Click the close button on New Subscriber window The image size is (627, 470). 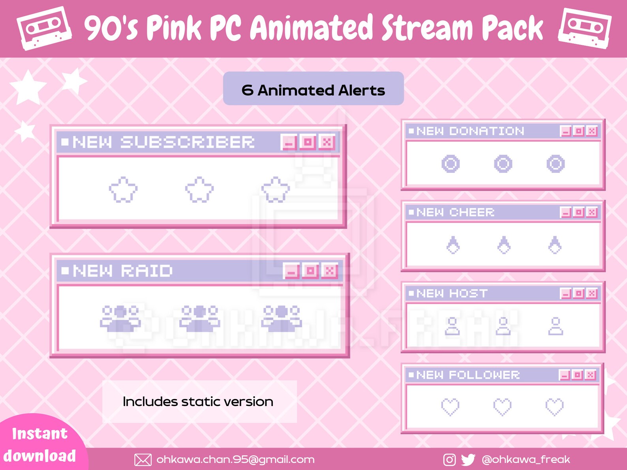(327, 142)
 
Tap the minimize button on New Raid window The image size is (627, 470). (291, 271)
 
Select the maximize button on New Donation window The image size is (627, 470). (579, 131)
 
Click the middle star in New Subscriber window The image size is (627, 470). (199, 189)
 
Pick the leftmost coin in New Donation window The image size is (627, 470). (451, 164)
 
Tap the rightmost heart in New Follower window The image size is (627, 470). (554, 407)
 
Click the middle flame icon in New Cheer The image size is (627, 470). (504, 245)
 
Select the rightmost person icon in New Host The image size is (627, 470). (556, 326)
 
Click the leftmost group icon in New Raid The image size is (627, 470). (120, 318)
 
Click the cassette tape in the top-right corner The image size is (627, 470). (585, 28)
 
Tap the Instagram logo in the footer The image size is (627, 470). (449, 460)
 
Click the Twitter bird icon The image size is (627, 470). (468, 460)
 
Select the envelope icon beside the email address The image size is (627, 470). (143, 460)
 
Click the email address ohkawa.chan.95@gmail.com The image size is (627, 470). (235, 460)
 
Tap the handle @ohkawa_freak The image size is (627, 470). (526, 460)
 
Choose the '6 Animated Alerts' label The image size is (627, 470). (313, 90)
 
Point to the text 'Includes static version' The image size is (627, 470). (198, 402)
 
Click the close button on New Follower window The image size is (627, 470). (590, 375)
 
